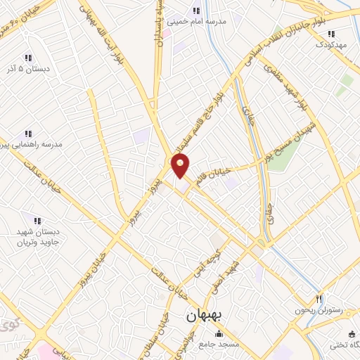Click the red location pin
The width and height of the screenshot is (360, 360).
[x=181, y=166]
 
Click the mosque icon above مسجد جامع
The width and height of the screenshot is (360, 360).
[x=219, y=333]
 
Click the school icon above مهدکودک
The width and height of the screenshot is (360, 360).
[x=330, y=33]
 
